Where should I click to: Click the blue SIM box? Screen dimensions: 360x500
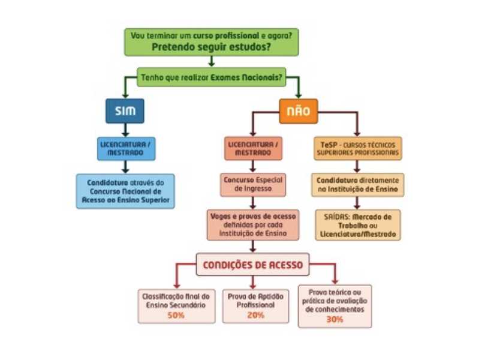[125, 111]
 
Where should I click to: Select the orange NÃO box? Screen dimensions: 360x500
[298, 111]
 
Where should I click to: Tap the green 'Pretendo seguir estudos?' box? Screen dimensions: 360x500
[211, 41]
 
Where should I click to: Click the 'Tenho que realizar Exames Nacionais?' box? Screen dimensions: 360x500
[212, 77]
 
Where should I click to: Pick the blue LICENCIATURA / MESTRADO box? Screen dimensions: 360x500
[125, 148]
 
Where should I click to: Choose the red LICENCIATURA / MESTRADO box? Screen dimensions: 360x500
[253, 148]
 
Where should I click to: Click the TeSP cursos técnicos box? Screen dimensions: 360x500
[358, 148]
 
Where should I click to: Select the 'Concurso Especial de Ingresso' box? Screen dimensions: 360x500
[252, 184]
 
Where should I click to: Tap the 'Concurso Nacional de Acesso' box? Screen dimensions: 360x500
[125, 191]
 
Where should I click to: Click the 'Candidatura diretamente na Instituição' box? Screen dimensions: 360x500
[358, 184]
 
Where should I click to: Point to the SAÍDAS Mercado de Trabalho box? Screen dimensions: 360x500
[358, 224]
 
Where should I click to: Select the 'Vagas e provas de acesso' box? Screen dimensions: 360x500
[252, 224]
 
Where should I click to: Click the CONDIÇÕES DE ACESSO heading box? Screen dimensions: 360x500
[252, 264]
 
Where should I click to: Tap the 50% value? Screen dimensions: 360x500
[176, 315]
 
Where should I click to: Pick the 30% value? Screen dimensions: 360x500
[335, 319]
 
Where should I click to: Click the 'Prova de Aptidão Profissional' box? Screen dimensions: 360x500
[253, 305]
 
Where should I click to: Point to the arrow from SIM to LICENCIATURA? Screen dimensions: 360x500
[125, 130]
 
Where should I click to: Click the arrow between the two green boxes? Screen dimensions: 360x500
[211, 61]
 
